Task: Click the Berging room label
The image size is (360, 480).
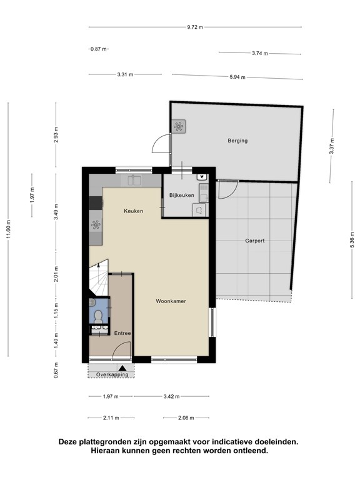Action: [237, 141]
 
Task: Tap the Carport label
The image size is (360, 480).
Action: [255, 241]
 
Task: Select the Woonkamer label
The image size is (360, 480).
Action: [171, 301]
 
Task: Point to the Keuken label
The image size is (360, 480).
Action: [134, 211]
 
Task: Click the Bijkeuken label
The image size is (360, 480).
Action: [181, 195]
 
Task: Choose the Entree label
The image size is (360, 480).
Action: [122, 333]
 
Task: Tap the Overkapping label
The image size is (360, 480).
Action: [112, 374]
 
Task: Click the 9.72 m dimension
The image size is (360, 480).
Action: [195, 27]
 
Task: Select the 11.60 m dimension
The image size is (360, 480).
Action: [9, 229]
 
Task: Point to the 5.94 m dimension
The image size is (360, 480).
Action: [237, 77]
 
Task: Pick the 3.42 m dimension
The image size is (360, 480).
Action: [171, 396]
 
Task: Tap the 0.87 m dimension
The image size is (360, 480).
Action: [99, 49]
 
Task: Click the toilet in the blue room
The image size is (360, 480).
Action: [98, 316]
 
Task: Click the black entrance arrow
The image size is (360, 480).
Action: [122, 368]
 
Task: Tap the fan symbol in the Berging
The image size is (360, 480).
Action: [179, 126]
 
